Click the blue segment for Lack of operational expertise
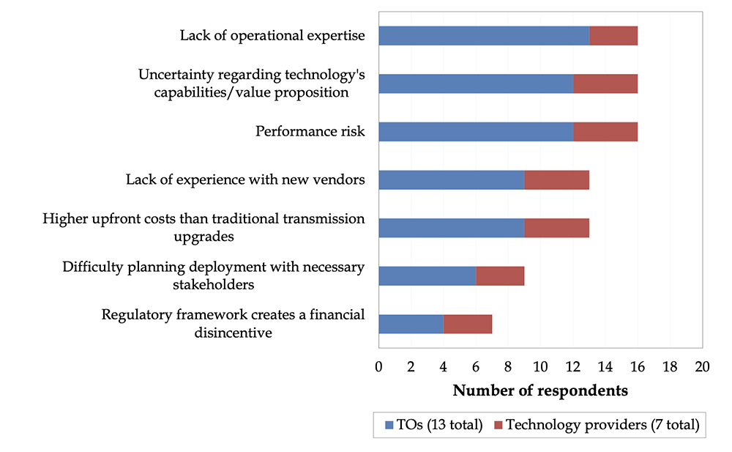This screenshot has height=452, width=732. (x=484, y=36)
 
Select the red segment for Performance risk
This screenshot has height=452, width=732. (x=605, y=132)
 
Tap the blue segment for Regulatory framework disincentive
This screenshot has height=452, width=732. (x=411, y=324)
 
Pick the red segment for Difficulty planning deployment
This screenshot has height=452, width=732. (x=500, y=276)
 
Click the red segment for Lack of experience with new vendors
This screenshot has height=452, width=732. (x=556, y=180)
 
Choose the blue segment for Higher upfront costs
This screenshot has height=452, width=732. (x=451, y=228)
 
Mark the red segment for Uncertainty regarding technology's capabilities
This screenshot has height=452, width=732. (x=605, y=84)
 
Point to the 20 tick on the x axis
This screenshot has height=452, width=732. (x=703, y=366)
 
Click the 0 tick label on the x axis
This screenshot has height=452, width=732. (x=378, y=366)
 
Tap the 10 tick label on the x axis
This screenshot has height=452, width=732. (x=540, y=366)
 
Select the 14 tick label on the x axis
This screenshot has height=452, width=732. (x=605, y=366)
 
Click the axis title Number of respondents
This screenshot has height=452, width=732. (x=540, y=390)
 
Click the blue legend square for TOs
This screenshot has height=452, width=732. (x=388, y=423)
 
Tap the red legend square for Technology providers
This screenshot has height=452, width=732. (x=498, y=423)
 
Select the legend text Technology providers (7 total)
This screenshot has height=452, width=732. (x=602, y=423)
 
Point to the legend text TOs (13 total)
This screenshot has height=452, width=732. (x=439, y=423)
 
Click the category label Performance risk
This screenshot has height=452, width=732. (x=310, y=132)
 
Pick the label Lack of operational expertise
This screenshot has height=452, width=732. (x=272, y=35)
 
